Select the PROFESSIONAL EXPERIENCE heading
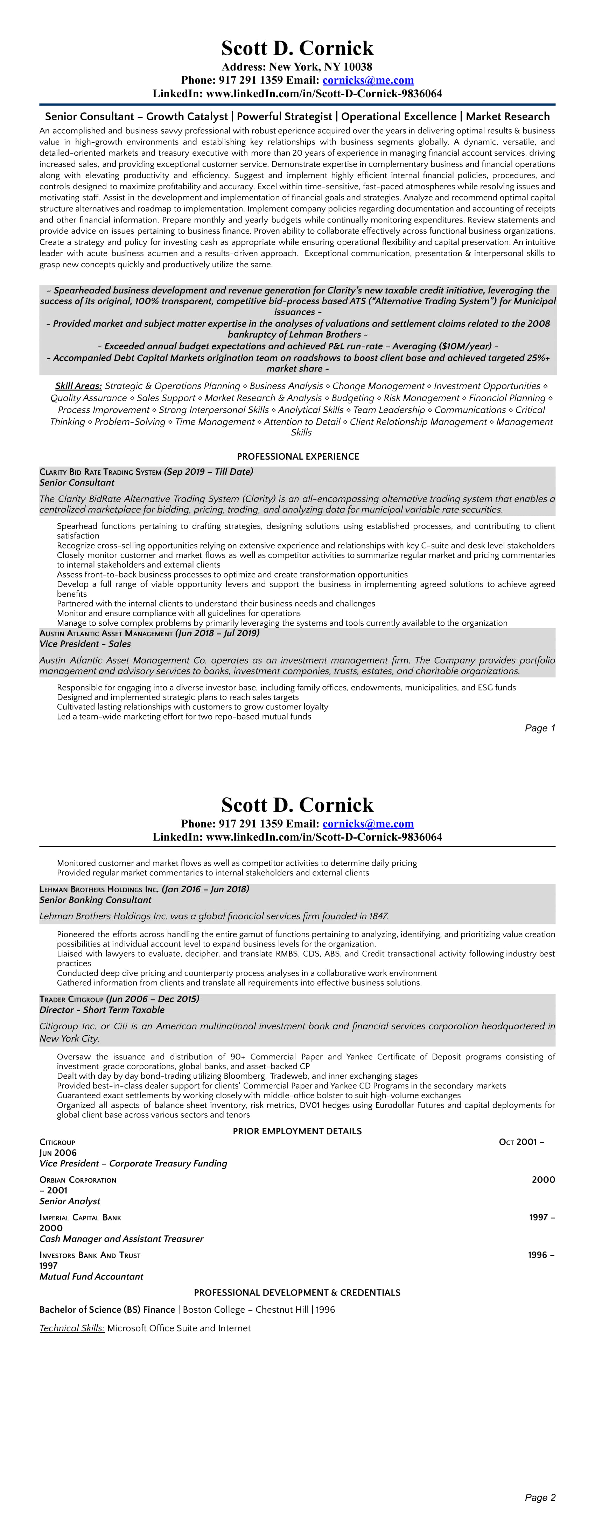298,456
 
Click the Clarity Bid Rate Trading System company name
100,472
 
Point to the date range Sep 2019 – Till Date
208,472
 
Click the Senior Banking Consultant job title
95,900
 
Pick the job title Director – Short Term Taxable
101,1010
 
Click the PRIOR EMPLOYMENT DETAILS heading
297,1131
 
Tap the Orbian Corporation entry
78,1180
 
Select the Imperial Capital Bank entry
80,1218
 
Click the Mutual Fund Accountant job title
91,1277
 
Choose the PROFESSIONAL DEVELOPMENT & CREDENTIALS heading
297,1292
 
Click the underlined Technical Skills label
72,1328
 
